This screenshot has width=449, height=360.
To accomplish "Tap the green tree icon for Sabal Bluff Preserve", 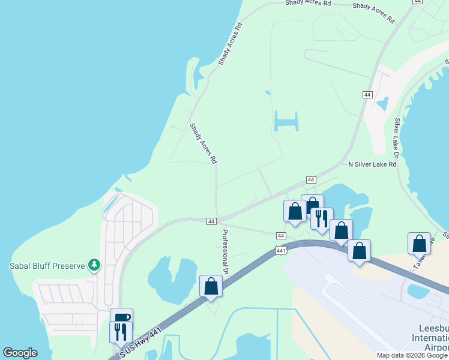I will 94,265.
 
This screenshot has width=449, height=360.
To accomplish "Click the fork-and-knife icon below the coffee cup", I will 121,331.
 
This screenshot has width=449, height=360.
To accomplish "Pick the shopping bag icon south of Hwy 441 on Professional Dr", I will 211,286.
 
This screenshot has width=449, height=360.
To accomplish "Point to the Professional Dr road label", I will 226,252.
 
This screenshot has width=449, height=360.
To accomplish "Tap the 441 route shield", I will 281,250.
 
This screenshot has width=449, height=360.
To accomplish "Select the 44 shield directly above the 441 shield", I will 281,236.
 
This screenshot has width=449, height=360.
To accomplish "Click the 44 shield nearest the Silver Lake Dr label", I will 367,95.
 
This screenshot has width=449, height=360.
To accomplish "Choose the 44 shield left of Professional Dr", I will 211,221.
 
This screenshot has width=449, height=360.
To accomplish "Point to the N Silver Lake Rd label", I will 372,164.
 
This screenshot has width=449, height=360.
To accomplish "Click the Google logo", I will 20,353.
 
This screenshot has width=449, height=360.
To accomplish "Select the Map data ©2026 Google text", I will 412,355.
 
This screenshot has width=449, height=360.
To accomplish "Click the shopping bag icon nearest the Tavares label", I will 419,244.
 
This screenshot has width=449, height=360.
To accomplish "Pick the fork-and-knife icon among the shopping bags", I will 322,219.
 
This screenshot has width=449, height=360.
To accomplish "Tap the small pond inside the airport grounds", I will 418,292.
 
